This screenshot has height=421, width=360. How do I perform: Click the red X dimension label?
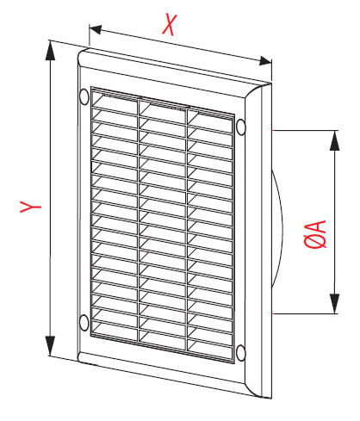click(x=169, y=25)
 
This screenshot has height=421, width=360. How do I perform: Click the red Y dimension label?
click(x=30, y=207)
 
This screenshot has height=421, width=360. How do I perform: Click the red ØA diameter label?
click(x=315, y=233)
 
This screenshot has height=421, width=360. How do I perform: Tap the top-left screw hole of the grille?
click(x=84, y=96)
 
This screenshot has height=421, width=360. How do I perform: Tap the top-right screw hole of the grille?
click(x=241, y=127)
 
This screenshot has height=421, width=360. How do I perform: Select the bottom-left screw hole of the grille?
click(x=84, y=322)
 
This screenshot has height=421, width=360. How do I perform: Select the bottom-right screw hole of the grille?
click(x=240, y=353)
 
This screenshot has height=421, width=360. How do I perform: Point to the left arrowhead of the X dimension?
click(x=96, y=29)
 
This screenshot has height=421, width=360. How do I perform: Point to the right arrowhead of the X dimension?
click(x=265, y=61)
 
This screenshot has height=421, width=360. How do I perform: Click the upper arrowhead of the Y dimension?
click(x=50, y=51)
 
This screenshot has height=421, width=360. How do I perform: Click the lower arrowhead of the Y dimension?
click(x=50, y=345)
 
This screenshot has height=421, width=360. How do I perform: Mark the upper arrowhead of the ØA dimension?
click(x=334, y=140)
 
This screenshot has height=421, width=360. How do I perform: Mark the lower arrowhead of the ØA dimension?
click(x=334, y=304)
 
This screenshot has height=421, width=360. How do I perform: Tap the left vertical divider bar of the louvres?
click(x=139, y=221)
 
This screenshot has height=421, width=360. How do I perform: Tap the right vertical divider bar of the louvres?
click(x=187, y=230)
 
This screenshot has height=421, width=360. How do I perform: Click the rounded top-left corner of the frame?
click(x=82, y=53)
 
